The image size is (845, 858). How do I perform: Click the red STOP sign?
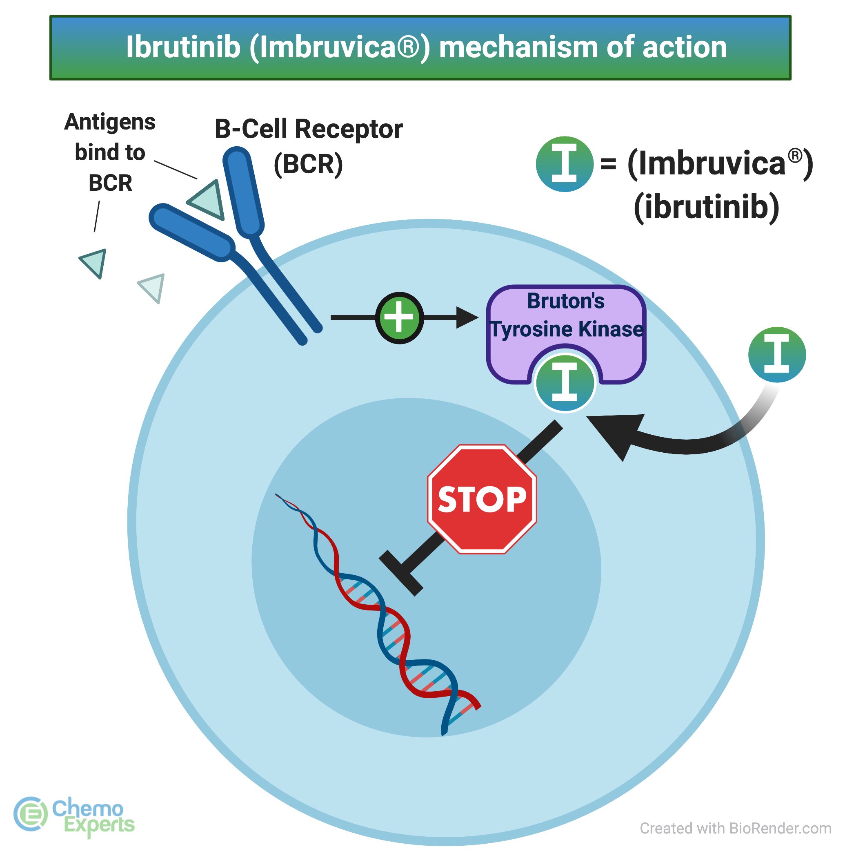tap(482, 499)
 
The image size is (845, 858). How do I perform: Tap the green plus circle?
tap(399, 317)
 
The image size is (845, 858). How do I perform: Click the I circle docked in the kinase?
tap(565, 383)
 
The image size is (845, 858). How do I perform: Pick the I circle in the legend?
tap(564, 164)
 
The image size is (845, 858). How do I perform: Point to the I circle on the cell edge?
tap(777, 354)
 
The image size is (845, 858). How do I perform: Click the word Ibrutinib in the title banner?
tap(183, 47)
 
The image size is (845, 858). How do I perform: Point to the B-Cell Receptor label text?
tap(309, 130)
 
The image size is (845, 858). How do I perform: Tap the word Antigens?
tap(110, 122)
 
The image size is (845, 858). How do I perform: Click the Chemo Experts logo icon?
tap(30, 813)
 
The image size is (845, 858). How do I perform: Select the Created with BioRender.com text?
tap(735, 828)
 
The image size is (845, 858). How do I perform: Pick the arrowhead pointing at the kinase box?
tap(467, 317)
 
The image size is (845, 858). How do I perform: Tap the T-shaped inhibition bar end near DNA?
tap(401, 572)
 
